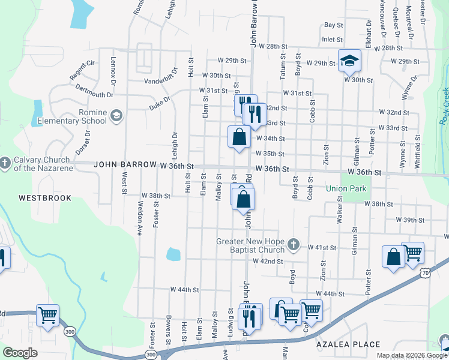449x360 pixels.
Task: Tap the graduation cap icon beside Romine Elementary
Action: [x=116, y=116]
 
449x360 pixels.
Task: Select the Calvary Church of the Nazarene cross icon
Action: [x=5, y=162]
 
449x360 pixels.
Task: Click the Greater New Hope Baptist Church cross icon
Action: [x=293, y=244]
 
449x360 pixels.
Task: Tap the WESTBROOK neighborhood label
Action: [x=44, y=198]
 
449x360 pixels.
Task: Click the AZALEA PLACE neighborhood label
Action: [x=349, y=344]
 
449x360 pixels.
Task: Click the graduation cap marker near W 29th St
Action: [x=349, y=61]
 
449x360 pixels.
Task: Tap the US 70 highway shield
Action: [x=425, y=273]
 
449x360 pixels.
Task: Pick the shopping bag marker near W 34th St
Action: [x=239, y=137]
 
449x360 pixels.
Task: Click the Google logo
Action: [x=20, y=353]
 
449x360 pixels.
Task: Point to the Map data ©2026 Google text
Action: [x=411, y=355]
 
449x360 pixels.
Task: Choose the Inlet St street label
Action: [x=331, y=40]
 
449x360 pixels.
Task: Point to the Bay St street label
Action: [x=333, y=25]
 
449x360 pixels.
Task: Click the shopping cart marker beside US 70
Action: [x=412, y=253]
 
